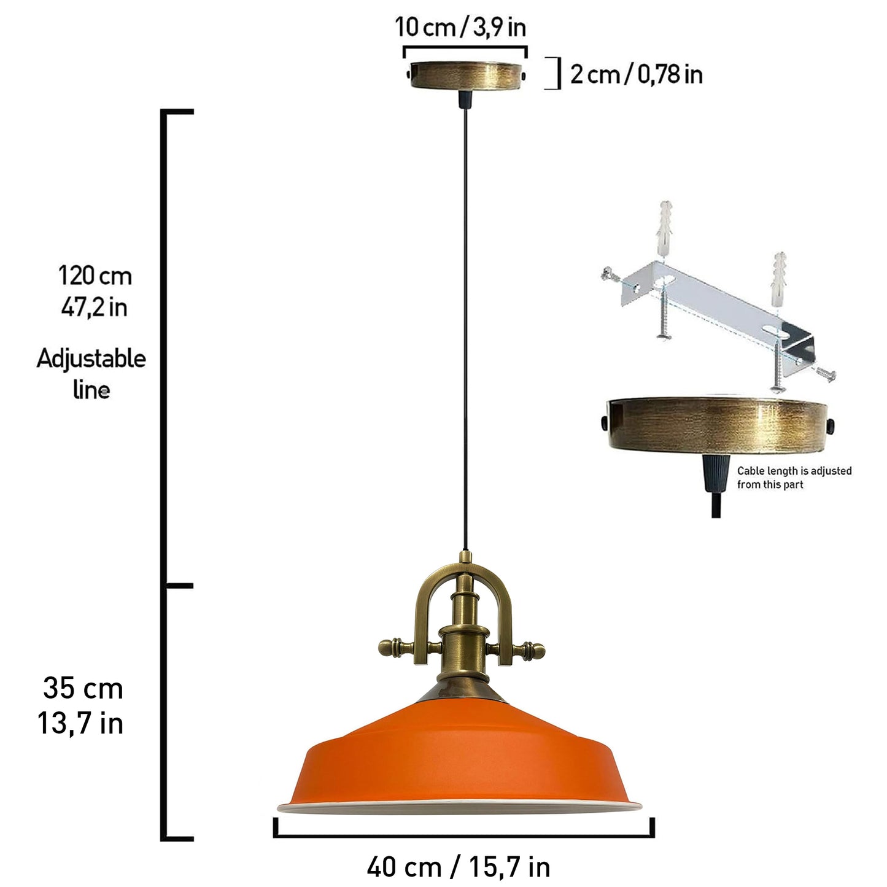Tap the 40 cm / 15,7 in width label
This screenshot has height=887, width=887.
tap(459, 867)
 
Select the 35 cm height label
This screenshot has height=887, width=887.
tap(83, 689)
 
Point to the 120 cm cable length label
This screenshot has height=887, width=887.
tap(95, 276)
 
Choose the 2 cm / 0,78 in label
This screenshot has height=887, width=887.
tap(637, 74)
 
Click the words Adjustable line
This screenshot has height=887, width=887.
tap(91, 374)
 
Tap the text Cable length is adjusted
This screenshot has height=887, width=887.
tap(794, 471)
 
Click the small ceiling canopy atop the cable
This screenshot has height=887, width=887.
tap(465, 76)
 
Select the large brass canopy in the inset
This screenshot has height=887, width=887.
tap(717, 424)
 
